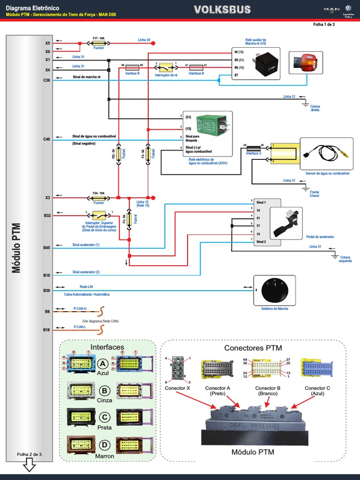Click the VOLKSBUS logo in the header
pyautogui.click(x=222, y=10)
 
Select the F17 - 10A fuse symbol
pyautogui.click(x=98, y=42)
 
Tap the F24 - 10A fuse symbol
pyautogui.click(x=98, y=198)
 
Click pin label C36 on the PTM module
pyautogui.click(x=46, y=80)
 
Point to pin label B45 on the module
pyautogui.click(x=46, y=247)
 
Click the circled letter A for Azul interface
pyautogui.click(x=103, y=363)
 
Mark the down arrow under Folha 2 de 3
pyautogui.click(x=29, y=465)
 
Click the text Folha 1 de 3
pyautogui.click(x=324, y=25)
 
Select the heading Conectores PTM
pyautogui.click(x=253, y=348)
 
